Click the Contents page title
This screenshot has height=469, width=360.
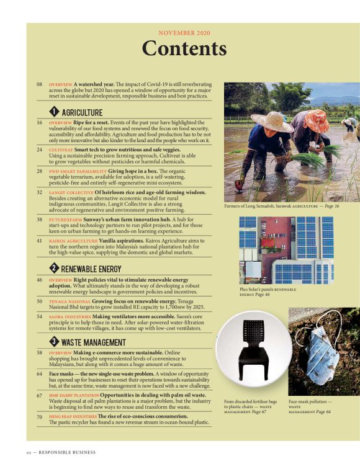(x=184, y=48)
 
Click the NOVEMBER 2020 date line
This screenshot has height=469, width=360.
(x=184, y=33)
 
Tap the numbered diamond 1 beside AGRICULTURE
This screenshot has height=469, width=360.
(x=54, y=112)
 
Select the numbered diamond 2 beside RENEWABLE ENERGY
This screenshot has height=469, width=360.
(x=54, y=268)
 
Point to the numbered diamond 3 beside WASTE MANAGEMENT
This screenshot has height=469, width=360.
(x=54, y=341)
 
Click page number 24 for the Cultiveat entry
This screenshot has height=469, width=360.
(x=40, y=150)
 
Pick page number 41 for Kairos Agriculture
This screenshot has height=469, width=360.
(x=40, y=241)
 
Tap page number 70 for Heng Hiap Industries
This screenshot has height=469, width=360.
(x=40, y=416)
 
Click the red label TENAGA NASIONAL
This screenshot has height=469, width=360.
(x=70, y=301)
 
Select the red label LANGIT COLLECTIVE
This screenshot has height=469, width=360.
(x=71, y=192)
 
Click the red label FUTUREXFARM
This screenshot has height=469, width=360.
(x=66, y=220)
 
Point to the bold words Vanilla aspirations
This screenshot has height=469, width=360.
(x=122, y=241)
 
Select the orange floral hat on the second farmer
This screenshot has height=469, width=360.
(x=317, y=120)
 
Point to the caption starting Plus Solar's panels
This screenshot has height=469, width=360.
(x=268, y=292)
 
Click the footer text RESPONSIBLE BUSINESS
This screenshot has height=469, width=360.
(x=67, y=452)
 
